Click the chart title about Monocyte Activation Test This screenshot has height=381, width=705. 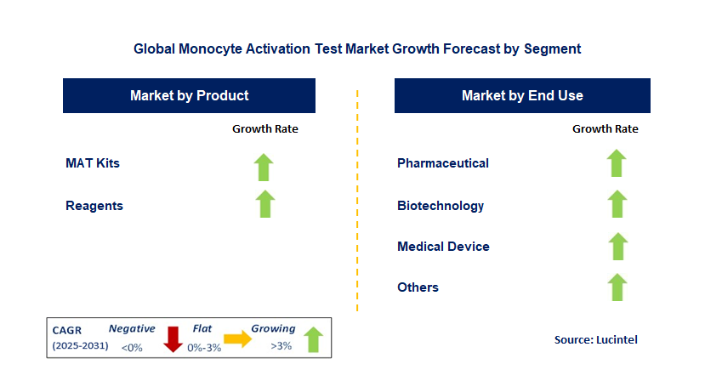[x=357, y=49]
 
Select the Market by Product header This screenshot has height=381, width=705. [x=189, y=95]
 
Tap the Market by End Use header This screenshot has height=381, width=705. [x=522, y=95]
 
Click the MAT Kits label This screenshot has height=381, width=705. [x=93, y=162]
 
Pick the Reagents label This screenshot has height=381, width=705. [x=94, y=205]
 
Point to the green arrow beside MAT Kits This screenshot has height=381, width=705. [x=265, y=167]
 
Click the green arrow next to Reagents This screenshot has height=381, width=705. [x=265, y=204]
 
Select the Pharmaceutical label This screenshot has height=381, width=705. [x=443, y=162]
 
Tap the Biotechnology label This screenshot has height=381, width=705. [x=441, y=205]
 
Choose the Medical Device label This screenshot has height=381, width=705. [x=443, y=246]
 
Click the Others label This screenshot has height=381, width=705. [x=418, y=287]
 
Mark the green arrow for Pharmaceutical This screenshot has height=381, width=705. [x=617, y=163]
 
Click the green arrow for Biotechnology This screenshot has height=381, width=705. [x=617, y=204]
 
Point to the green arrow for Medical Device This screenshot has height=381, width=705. [x=617, y=246]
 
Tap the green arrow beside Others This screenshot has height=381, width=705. [x=617, y=287]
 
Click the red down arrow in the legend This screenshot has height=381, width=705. [x=173, y=339]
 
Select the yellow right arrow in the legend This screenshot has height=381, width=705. [x=238, y=339]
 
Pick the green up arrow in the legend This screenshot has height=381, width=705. [x=313, y=339]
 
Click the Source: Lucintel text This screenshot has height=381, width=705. [x=595, y=339]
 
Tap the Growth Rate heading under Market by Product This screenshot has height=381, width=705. [x=265, y=129]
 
